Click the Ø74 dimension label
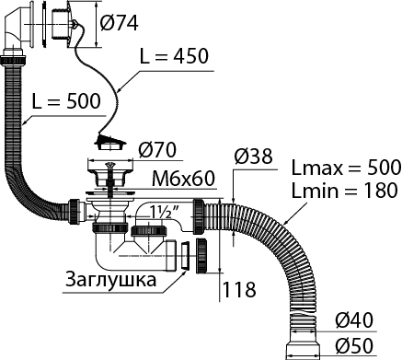120,22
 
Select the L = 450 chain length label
174,56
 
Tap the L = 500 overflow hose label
66,100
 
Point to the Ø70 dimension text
157,150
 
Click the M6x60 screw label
184,178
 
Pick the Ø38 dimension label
253,156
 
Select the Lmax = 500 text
346,168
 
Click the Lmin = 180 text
344,191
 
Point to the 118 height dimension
239,289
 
